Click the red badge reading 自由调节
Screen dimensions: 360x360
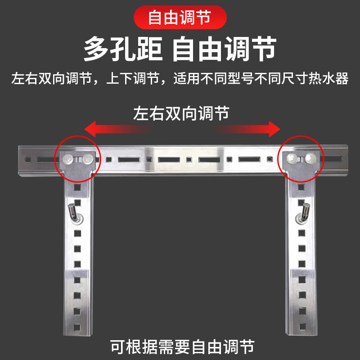(x=180, y=18)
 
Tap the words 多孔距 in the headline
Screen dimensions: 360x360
(x=122, y=49)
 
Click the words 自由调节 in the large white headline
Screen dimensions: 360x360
(x=224, y=49)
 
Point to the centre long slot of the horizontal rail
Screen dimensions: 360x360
(x=169, y=159)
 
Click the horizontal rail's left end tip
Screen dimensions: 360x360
(x=20, y=159)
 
